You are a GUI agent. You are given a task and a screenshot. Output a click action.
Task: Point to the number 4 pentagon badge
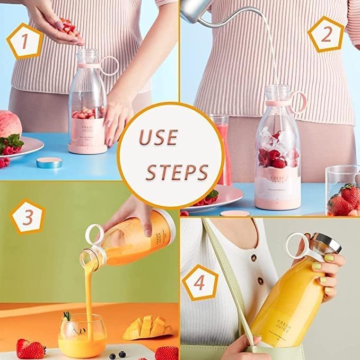(x=199, y=282)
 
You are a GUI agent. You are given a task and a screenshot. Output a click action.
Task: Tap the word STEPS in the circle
(x=177, y=172)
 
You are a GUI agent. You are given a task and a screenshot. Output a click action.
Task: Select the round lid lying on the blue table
(x=49, y=162)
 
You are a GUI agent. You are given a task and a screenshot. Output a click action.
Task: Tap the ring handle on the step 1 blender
(x=109, y=66)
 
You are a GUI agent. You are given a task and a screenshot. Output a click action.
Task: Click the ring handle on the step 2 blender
(x=299, y=101)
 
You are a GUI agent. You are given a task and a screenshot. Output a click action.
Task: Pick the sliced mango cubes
(x=143, y=327)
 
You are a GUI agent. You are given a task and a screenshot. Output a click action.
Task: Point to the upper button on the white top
(x=253, y=258)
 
